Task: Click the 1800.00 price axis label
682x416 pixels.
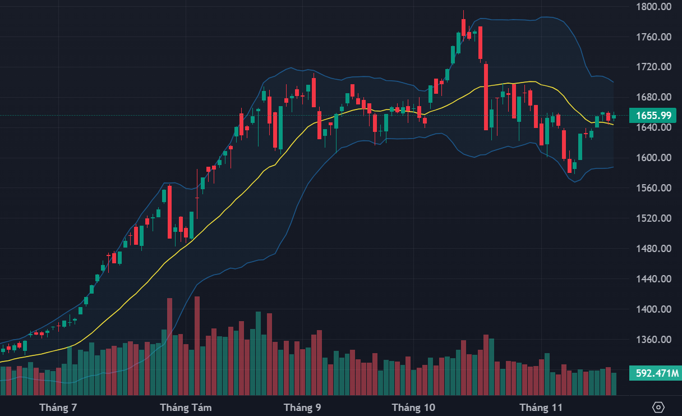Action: click(655, 7)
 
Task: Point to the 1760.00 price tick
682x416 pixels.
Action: click(655, 37)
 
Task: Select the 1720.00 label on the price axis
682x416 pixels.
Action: click(655, 67)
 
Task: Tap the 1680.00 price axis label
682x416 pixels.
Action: click(655, 97)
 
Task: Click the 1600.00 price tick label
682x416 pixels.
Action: click(655, 158)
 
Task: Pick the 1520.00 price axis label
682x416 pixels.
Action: click(655, 218)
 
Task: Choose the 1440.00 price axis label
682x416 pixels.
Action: click(655, 279)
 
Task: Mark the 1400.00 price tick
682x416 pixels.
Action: click(655, 309)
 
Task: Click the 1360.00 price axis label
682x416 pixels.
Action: click(655, 340)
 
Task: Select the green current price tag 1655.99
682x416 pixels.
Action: click(653, 116)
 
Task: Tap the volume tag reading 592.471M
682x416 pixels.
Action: click(653, 373)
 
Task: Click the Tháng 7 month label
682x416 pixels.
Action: click(58, 408)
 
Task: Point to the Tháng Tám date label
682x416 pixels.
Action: click(186, 408)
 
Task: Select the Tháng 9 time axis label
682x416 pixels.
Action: click(302, 408)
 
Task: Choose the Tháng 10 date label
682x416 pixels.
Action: click(413, 408)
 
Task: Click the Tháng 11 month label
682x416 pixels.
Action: click(541, 408)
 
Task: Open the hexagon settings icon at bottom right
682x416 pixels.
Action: click(658, 407)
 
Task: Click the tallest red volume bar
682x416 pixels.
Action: click(197, 345)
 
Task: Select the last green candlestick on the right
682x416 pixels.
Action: click(614, 117)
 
